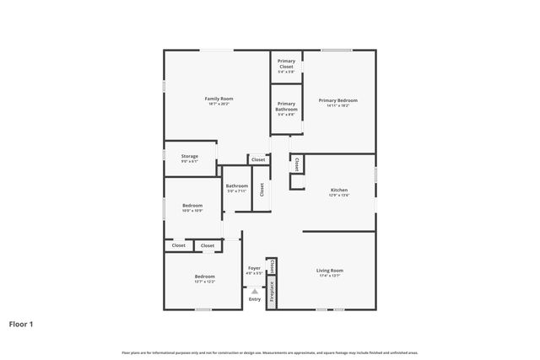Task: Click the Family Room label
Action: click(219, 99)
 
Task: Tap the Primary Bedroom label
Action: click(333, 100)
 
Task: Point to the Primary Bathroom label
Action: click(286, 106)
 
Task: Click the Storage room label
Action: click(190, 155)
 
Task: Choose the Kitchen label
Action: click(338, 191)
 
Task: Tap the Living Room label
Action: click(329, 271)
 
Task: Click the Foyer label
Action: click(254, 267)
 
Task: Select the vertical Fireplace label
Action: click(272, 292)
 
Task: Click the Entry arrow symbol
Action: click(254, 291)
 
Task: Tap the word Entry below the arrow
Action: click(254, 299)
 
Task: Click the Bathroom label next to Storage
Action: click(236, 185)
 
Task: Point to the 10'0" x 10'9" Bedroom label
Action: click(192, 205)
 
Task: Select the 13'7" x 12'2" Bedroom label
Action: click(204, 277)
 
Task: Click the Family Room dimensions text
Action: click(219, 105)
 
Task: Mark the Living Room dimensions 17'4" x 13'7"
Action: click(329, 276)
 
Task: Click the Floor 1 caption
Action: click(21, 324)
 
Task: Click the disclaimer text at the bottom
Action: click(269, 352)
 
